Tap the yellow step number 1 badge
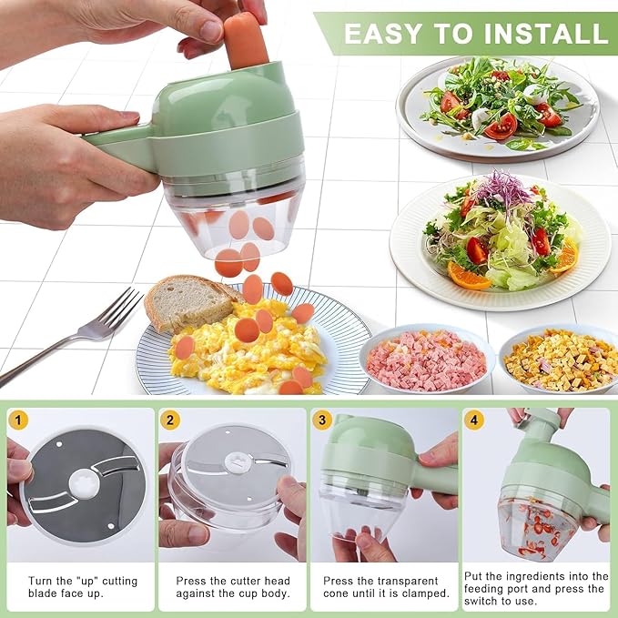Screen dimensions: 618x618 coord(18,420)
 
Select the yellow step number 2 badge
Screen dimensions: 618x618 coord(169,420)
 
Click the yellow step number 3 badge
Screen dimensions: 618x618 coord(321,420)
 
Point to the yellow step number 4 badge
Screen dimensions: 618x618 coord(473,420)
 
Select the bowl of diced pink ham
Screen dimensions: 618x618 coord(426,358)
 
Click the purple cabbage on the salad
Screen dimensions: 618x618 coord(500,188)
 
